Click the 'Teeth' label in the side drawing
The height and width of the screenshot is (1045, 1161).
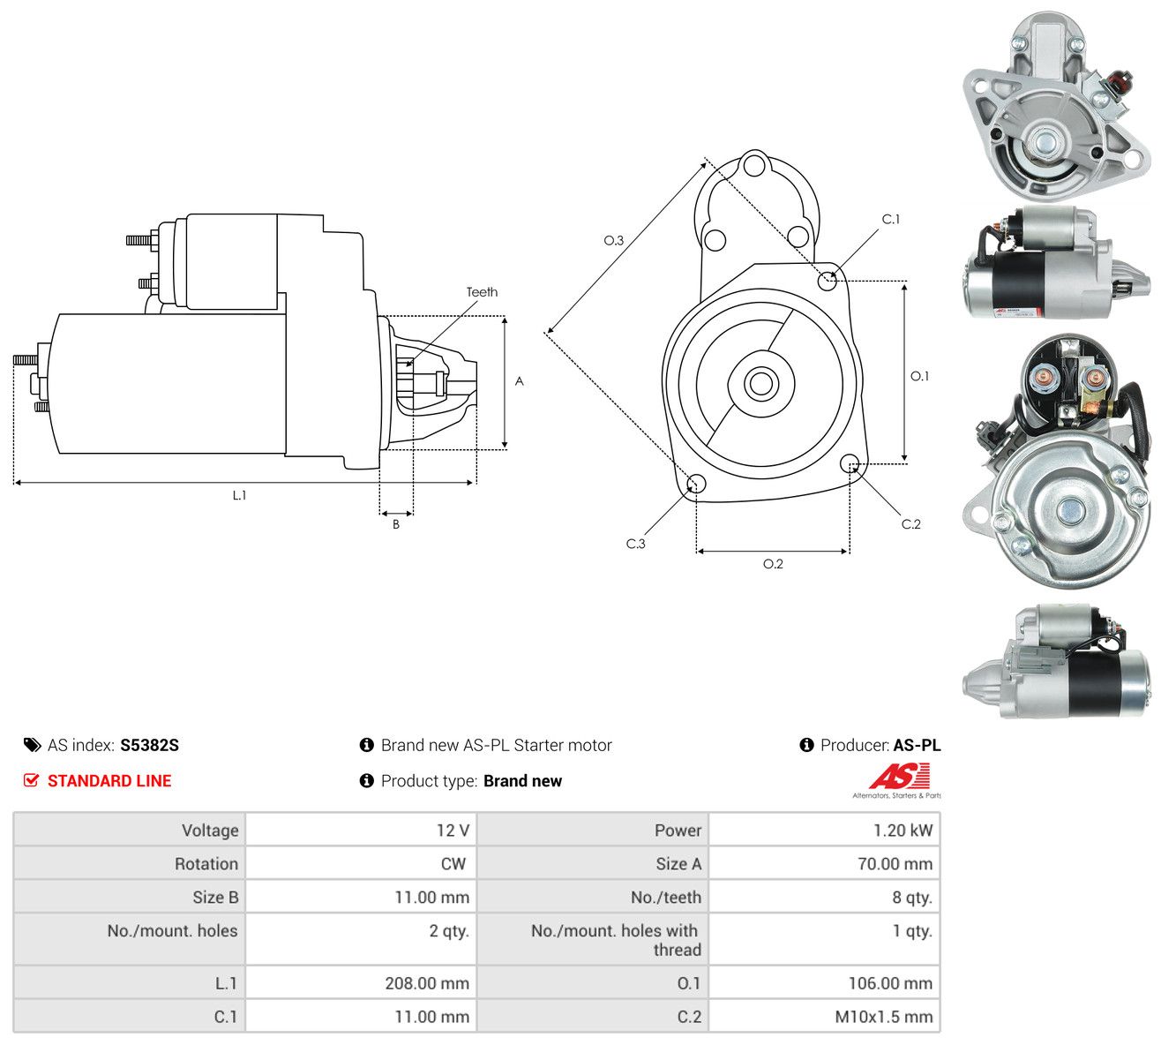point(482,292)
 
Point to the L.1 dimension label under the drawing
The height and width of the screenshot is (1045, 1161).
point(239,495)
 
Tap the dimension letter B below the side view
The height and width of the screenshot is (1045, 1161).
point(396,524)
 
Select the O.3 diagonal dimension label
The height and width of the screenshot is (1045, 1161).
point(613,240)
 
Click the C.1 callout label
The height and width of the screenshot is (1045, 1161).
point(891,219)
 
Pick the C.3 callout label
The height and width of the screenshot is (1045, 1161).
point(635,544)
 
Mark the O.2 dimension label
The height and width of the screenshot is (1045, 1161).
point(773,564)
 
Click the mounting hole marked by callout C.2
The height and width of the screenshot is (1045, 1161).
point(849,462)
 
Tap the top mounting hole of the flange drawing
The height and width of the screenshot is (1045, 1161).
point(753,164)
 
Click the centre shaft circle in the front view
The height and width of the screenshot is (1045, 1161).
point(760,383)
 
